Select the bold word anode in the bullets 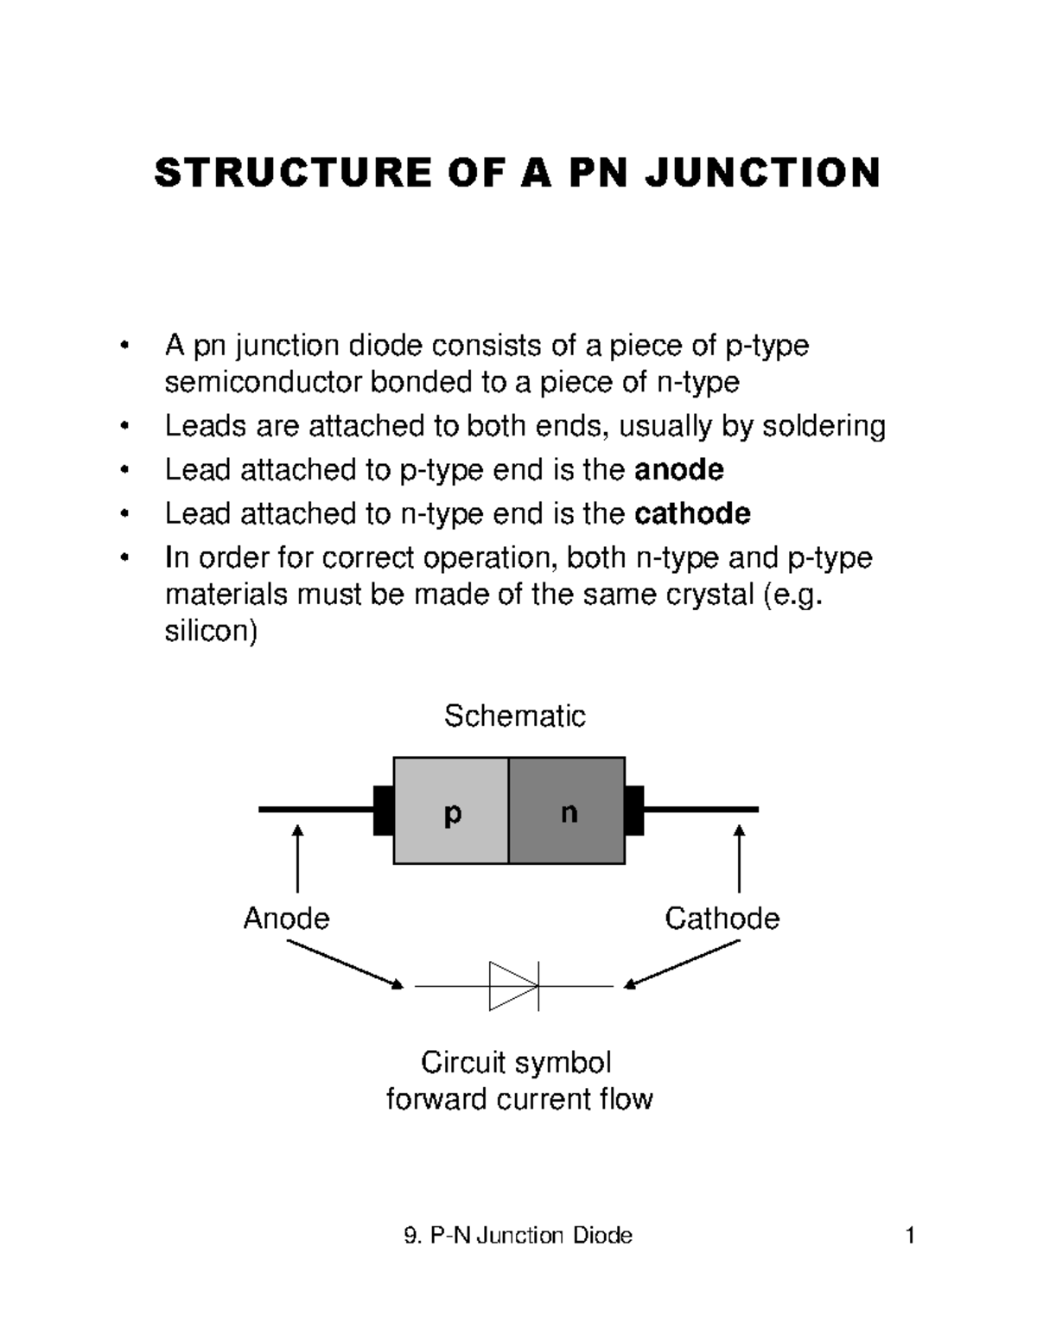click(x=678, y=470)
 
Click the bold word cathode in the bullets click(x=692, y=514)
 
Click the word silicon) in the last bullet click(x=211, y=632)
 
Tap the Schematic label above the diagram click(x=514, y=716)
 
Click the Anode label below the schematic click(x=286, y=918)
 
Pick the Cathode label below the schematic click(x=722, y=918)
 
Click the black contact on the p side click(x=383, y=811)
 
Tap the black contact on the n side click(x=634, y=811)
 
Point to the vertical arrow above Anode click(x=297, y=859)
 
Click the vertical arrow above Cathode click(x=739, y=859)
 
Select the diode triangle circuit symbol click(x=513, y=985)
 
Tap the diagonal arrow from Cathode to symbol click(x=683, y=964)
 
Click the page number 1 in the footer click(x=909, y=1236)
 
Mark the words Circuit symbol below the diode click(x=516, y=1062)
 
